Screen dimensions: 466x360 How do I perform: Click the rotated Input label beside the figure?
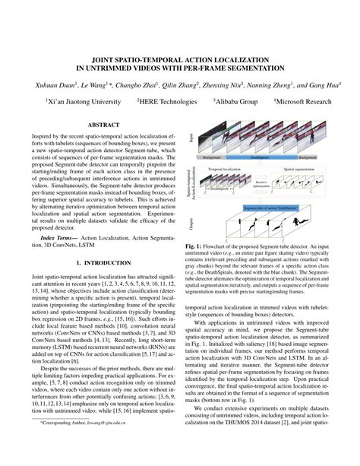[x=191, y=137]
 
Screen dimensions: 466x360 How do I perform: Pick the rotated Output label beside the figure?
[x=191, y=223]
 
